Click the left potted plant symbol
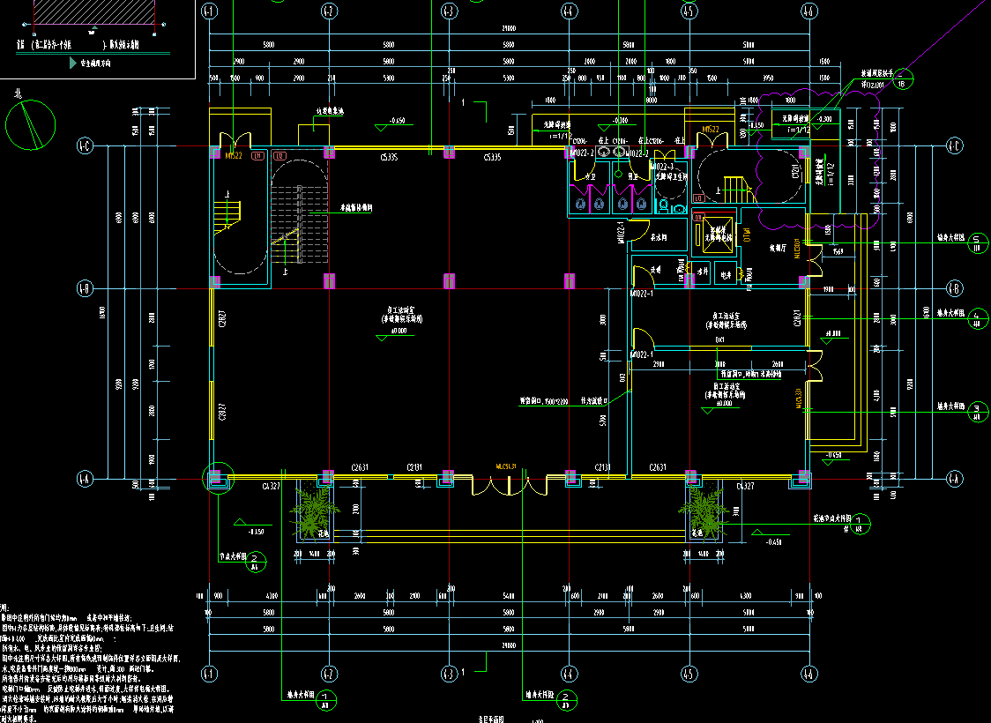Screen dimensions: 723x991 [315, 511]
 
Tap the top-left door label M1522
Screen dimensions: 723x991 [234, 156]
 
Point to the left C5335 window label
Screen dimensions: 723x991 [389, 157]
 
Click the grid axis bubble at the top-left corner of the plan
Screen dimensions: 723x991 [209, 11]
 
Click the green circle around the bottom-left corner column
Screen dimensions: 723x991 [216, 478]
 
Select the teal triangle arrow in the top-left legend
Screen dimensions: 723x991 [72, 63]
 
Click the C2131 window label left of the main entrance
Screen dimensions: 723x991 [416, 467]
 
